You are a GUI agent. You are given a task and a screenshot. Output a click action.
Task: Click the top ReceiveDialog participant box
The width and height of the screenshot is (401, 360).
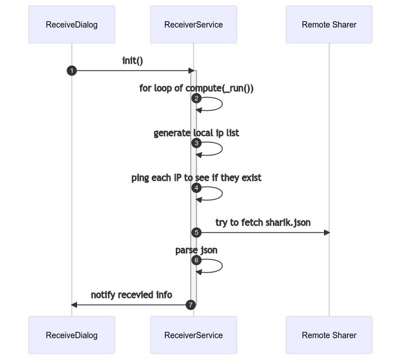click(72, 25)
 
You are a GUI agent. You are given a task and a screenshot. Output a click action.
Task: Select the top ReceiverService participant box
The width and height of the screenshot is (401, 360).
click(194, 25)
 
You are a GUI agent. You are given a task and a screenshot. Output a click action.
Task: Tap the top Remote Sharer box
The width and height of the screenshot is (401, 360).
click(329, 25)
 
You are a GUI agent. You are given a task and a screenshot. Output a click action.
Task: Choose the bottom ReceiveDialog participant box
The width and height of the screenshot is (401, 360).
click(72, 335)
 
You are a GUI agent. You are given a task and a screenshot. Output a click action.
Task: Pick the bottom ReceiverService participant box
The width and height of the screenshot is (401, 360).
click(194, 335)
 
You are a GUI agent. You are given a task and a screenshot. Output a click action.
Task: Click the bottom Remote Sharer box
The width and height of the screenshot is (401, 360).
click(329, 335)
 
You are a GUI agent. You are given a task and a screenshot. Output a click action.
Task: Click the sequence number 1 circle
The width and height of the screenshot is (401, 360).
click(72, 71)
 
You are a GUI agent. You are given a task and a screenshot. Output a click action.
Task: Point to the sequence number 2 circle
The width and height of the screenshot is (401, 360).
click(196, 98)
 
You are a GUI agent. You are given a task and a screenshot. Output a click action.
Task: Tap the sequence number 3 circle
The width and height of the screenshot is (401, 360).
click(196, 143)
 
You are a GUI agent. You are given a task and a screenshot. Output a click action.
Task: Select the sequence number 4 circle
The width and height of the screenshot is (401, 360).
click(196, 188)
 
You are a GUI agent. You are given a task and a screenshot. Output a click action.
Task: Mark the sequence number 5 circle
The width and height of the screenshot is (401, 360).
click(196, 233)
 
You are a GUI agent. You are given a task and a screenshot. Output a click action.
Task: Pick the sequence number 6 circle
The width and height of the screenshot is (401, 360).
click(196, 260)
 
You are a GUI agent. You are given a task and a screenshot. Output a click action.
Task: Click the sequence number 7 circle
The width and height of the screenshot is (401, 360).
click(191, 304)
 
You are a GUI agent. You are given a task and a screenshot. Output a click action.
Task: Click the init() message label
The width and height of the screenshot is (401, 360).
click(133, 60)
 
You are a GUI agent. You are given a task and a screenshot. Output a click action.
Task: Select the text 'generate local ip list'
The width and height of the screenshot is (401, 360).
click(196, 133)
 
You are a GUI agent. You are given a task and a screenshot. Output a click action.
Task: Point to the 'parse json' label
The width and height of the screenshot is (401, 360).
click(196, 250)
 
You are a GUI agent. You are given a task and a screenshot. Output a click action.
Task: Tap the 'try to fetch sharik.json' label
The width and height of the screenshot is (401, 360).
click(263, 222)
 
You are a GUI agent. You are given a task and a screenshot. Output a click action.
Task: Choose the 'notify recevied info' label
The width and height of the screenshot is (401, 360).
click(131, 295)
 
